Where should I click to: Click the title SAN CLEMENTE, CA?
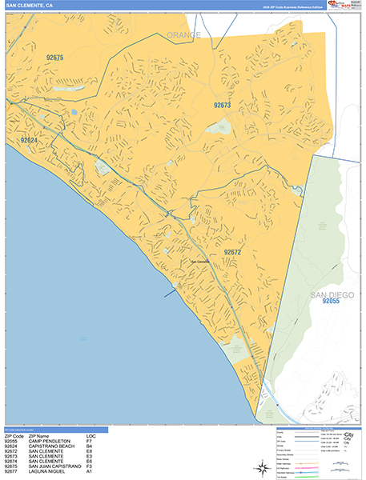[30, 5]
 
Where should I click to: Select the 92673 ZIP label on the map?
[222, 105]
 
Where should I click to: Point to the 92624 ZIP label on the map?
[29, 141]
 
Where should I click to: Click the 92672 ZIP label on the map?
[232, 252]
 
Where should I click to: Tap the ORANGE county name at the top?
[183, 35]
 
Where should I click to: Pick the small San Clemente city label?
[199, 261]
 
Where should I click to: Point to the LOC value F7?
[90, 441]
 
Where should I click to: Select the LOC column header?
[90, 435]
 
